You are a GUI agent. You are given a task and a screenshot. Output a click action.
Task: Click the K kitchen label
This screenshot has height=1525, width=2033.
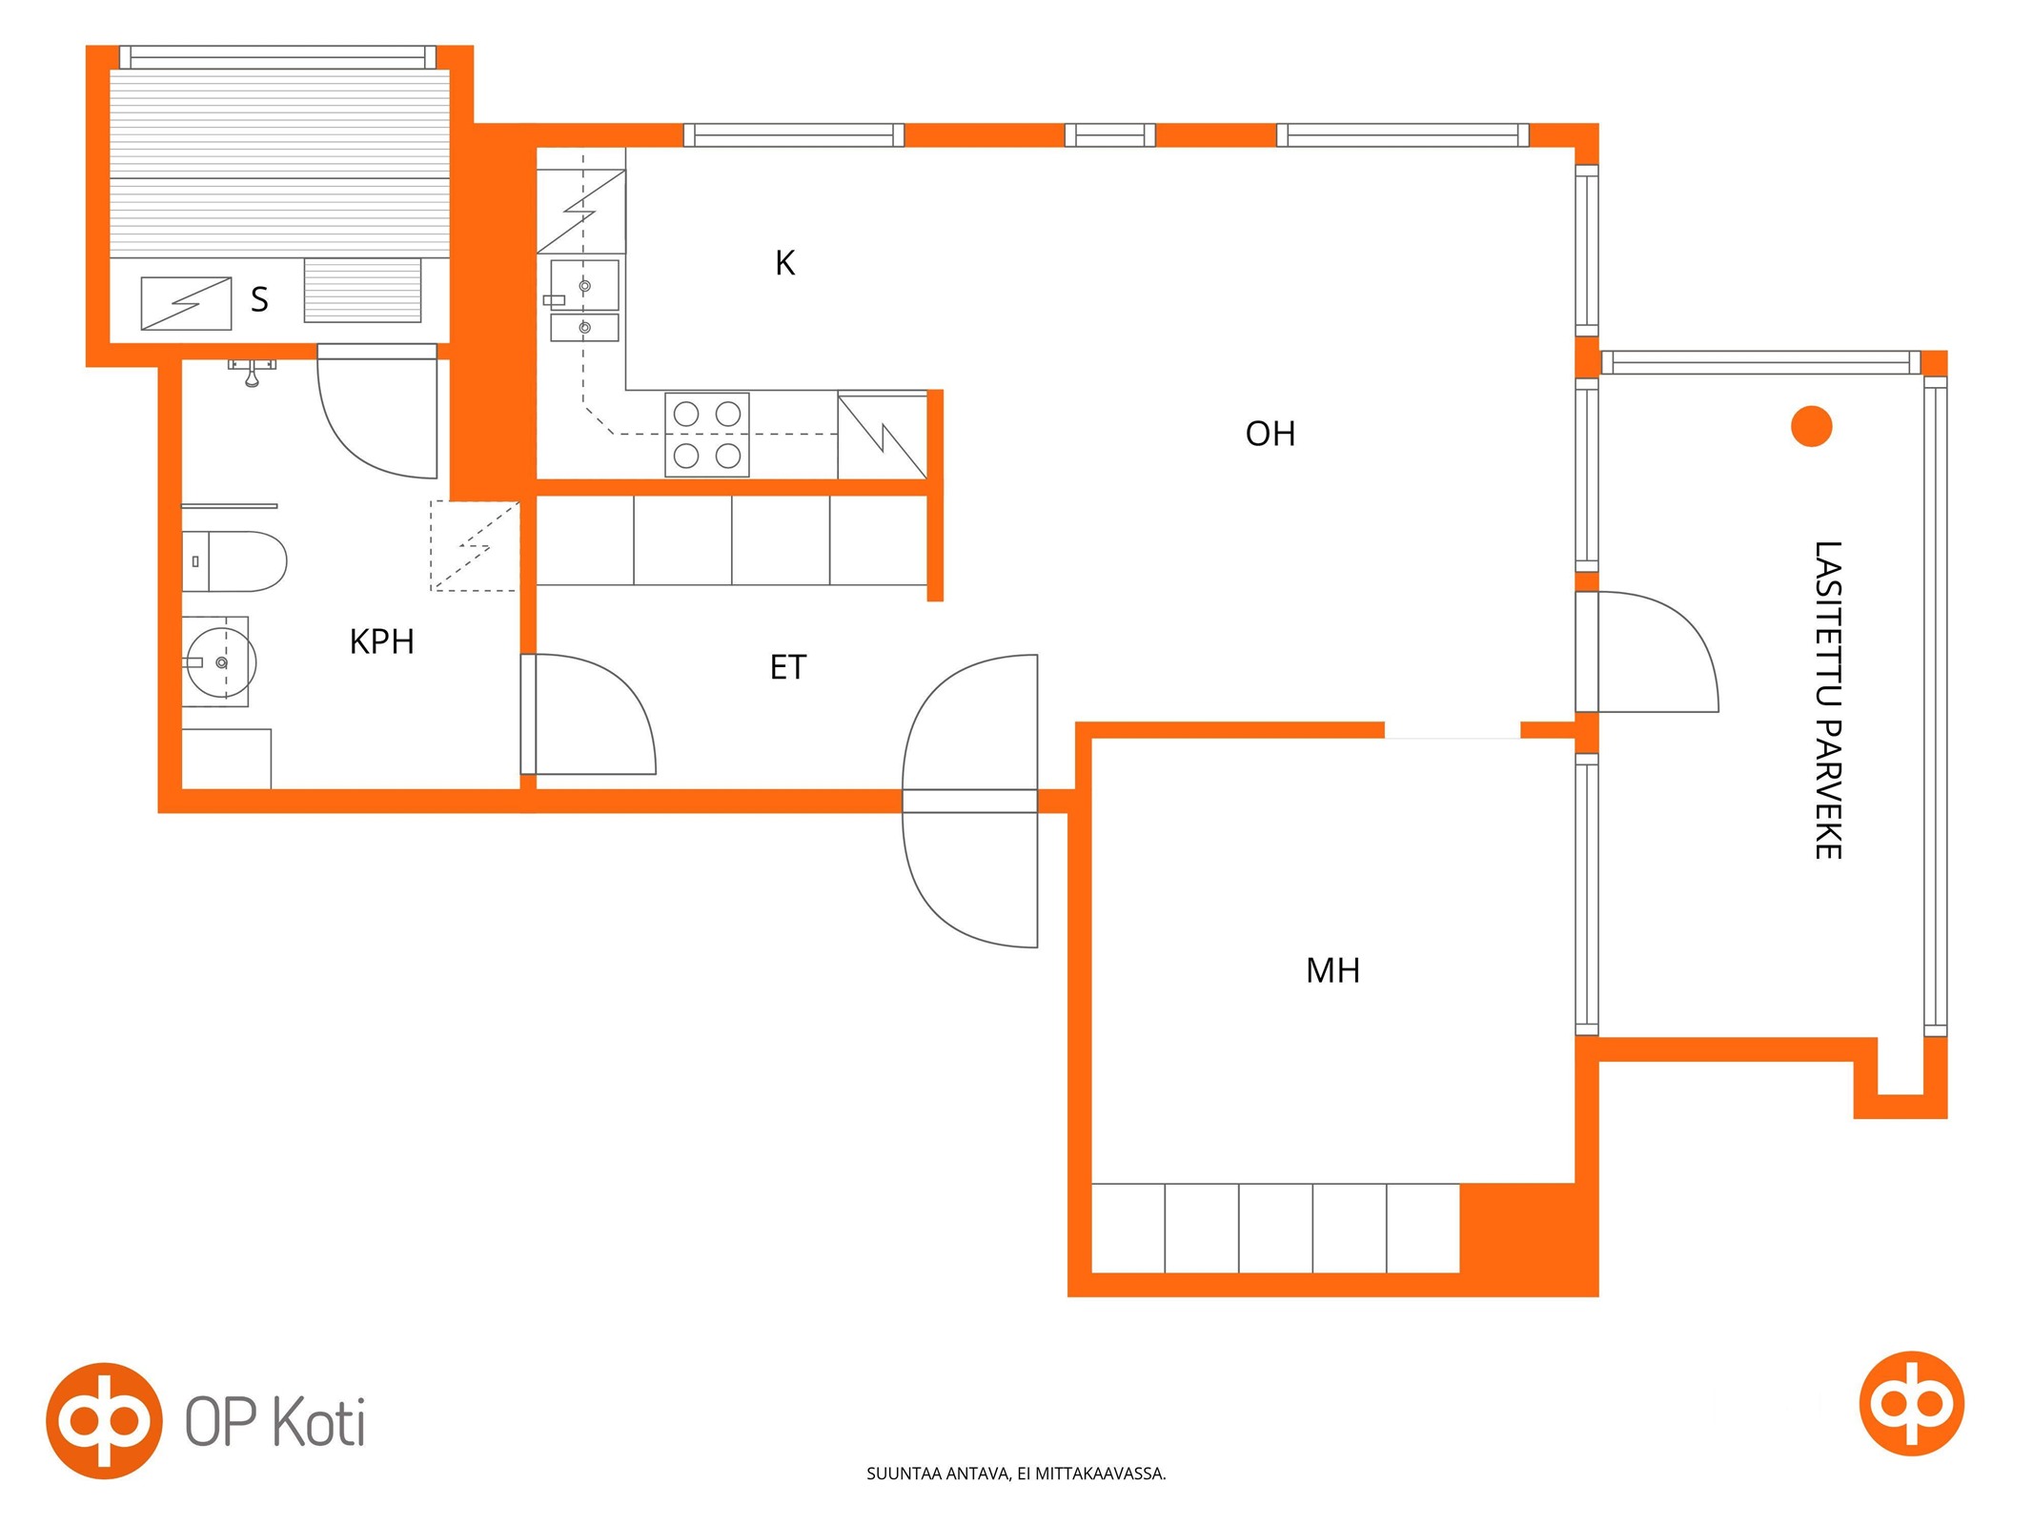pos(784,263)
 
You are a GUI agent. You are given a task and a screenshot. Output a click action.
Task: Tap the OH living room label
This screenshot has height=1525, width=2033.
pos(1271,435)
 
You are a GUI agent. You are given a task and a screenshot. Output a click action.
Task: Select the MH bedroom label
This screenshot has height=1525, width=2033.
pos(1332,971)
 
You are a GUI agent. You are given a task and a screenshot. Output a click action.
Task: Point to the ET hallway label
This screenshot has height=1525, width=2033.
pos(788,668)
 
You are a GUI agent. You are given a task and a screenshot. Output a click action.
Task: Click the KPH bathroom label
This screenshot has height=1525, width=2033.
pos(381,642)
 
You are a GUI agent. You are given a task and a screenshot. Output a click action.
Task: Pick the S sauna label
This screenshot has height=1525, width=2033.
pos(259,300)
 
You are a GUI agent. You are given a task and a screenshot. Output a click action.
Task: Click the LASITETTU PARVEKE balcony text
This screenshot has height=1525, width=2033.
pos(1827,701)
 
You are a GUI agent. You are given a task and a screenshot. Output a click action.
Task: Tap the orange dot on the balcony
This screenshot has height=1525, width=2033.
pos(1811,426)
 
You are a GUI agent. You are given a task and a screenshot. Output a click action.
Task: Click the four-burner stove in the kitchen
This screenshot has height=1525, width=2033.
pos(707,435)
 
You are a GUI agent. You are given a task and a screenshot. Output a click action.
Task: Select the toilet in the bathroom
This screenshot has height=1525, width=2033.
pos(234,561)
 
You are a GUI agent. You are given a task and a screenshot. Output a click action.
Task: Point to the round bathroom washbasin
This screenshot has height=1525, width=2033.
pos(221,661)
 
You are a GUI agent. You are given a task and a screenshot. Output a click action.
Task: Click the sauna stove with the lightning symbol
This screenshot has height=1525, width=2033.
pos(186,303)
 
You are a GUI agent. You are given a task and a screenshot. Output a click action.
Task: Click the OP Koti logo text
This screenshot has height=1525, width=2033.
pos(275,1422)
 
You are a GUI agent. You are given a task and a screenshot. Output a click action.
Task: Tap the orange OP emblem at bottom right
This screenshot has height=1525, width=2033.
pos(1911,1403)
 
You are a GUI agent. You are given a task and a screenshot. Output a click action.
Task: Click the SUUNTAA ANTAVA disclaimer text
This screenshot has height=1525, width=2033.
pos(1016,1474)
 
